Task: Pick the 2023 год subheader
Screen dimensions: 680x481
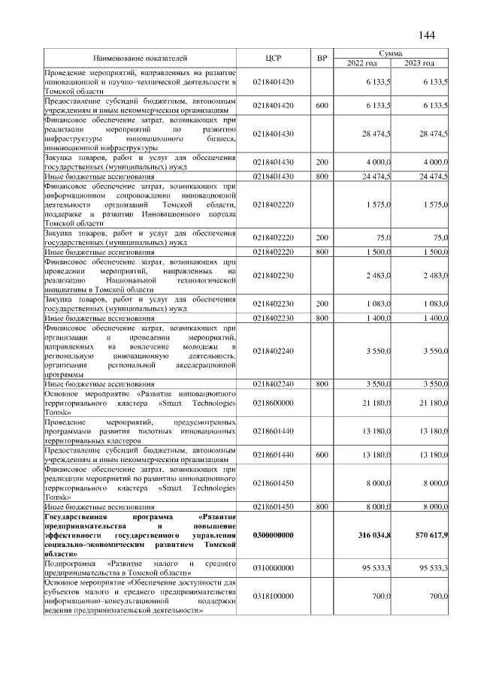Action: click(x=420, y=62)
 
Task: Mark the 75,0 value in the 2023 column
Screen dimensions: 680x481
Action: click(x=440, y=238)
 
